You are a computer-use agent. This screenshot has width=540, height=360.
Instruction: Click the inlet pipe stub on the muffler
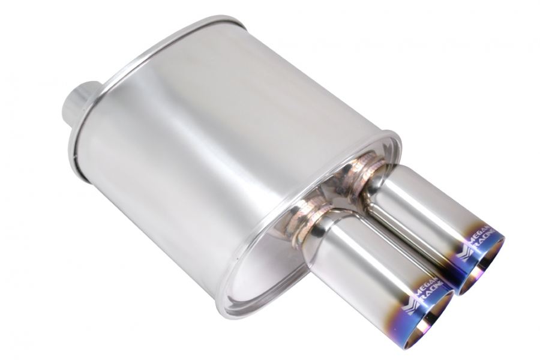click(80, 103)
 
